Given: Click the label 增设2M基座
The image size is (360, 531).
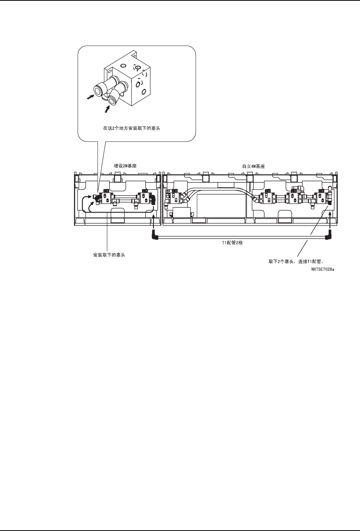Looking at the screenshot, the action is coord(125,166).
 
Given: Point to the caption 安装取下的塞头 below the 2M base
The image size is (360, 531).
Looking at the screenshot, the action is coord(109,255).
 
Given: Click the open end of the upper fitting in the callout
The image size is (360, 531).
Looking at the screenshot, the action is coord(98,90).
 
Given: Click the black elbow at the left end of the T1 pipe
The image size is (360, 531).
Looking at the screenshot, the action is coord(154,237).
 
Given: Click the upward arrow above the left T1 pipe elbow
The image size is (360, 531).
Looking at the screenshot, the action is coord(153,221).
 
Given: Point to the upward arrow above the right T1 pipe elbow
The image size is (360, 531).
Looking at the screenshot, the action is coord(330,221).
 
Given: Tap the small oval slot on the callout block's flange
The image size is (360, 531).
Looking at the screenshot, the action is coord(110,71).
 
